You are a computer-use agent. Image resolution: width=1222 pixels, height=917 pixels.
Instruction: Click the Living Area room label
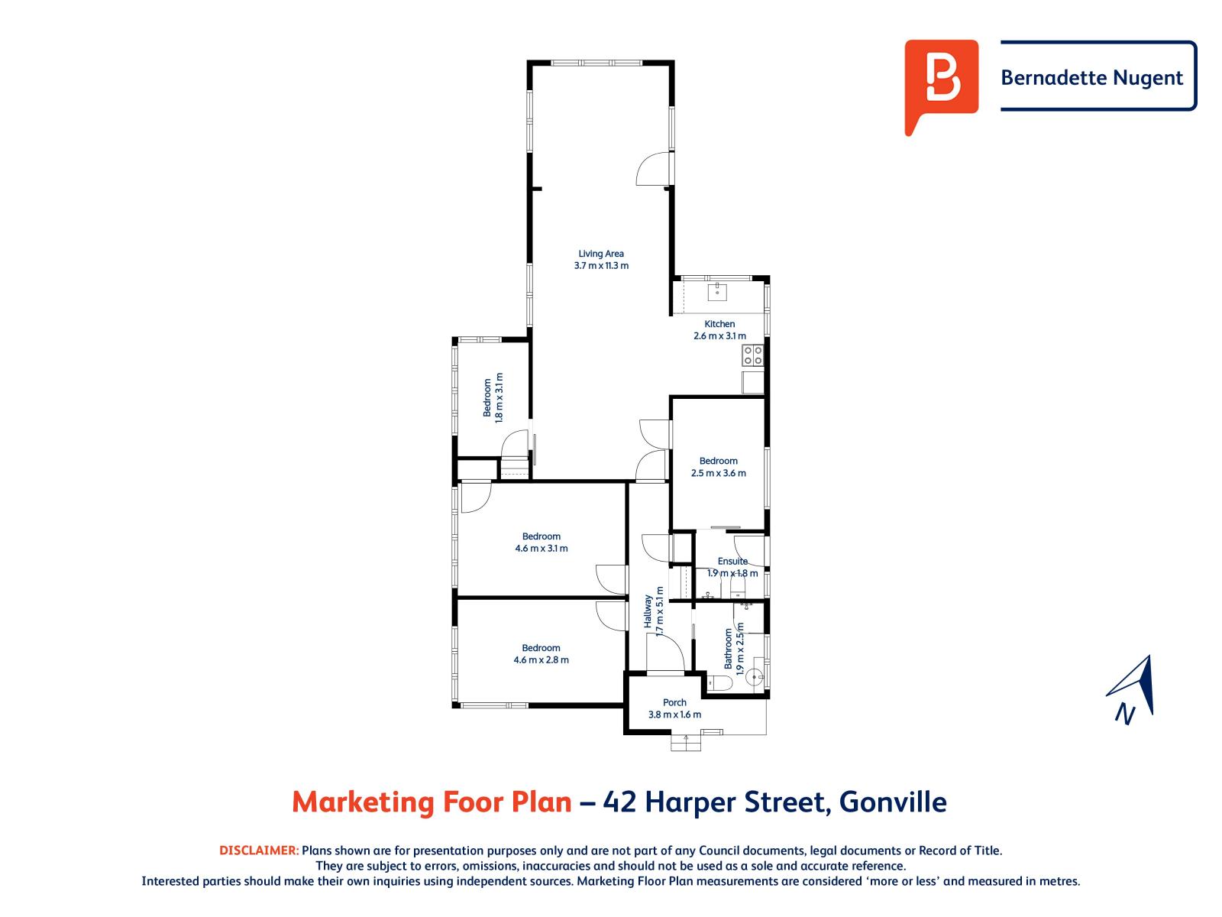coord(601,254)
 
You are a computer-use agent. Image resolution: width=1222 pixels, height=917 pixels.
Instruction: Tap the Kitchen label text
coord(719,324)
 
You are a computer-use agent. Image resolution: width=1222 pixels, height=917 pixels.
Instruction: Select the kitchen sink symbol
coord(718,290)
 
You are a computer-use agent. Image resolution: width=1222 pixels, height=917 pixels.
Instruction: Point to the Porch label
coord(674,702)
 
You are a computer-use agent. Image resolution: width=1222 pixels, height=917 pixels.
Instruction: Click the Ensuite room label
coord(732,561)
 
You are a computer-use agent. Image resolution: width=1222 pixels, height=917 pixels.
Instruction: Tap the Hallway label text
coord(648,611)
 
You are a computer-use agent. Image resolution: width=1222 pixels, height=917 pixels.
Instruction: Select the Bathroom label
coord(729,649)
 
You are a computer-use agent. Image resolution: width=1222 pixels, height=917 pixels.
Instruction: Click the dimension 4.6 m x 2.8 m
coord(541,660)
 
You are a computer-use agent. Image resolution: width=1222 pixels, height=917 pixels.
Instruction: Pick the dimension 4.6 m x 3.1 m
coord(541,549)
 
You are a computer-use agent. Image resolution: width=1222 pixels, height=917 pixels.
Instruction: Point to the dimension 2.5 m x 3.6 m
coord(719,473)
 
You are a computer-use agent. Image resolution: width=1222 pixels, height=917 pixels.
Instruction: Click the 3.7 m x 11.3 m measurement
coord(601,266)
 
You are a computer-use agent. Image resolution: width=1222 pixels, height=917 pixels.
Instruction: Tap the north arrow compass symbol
coord(1133,688)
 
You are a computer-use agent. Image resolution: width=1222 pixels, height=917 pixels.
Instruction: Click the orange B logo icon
coord(941,84)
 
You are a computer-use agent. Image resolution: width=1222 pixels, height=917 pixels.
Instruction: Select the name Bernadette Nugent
coord(1091,77)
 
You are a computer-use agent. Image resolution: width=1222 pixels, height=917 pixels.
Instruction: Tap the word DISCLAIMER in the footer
coord(259,851)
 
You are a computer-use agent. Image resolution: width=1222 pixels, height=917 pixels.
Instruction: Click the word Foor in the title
coord(469,802)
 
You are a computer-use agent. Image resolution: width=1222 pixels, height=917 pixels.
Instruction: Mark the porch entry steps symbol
coord(686,742)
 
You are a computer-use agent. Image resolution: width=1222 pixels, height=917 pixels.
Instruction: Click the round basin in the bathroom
coord(755,676)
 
